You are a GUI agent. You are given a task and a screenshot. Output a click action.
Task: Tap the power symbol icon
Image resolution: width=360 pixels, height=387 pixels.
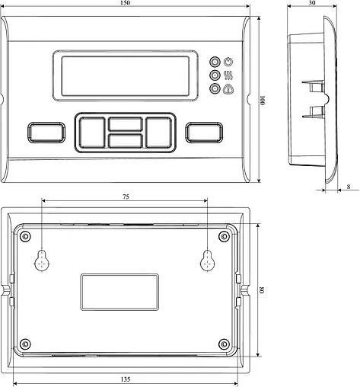click(x=228, y=62)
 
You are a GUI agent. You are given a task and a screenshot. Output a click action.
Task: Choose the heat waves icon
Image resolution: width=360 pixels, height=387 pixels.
click(x=228, y=75)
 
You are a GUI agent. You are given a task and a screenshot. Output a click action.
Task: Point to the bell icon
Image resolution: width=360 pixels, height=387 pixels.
click(x=228, y=89)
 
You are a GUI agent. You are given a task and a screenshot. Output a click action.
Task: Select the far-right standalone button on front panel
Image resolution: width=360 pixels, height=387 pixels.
click(x=203, y=132)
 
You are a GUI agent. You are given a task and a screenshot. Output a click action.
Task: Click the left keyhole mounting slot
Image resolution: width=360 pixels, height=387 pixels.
click(x=43, y=260)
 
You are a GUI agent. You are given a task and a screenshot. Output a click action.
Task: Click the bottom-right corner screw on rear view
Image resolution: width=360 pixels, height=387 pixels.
click(x=223, y=343)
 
